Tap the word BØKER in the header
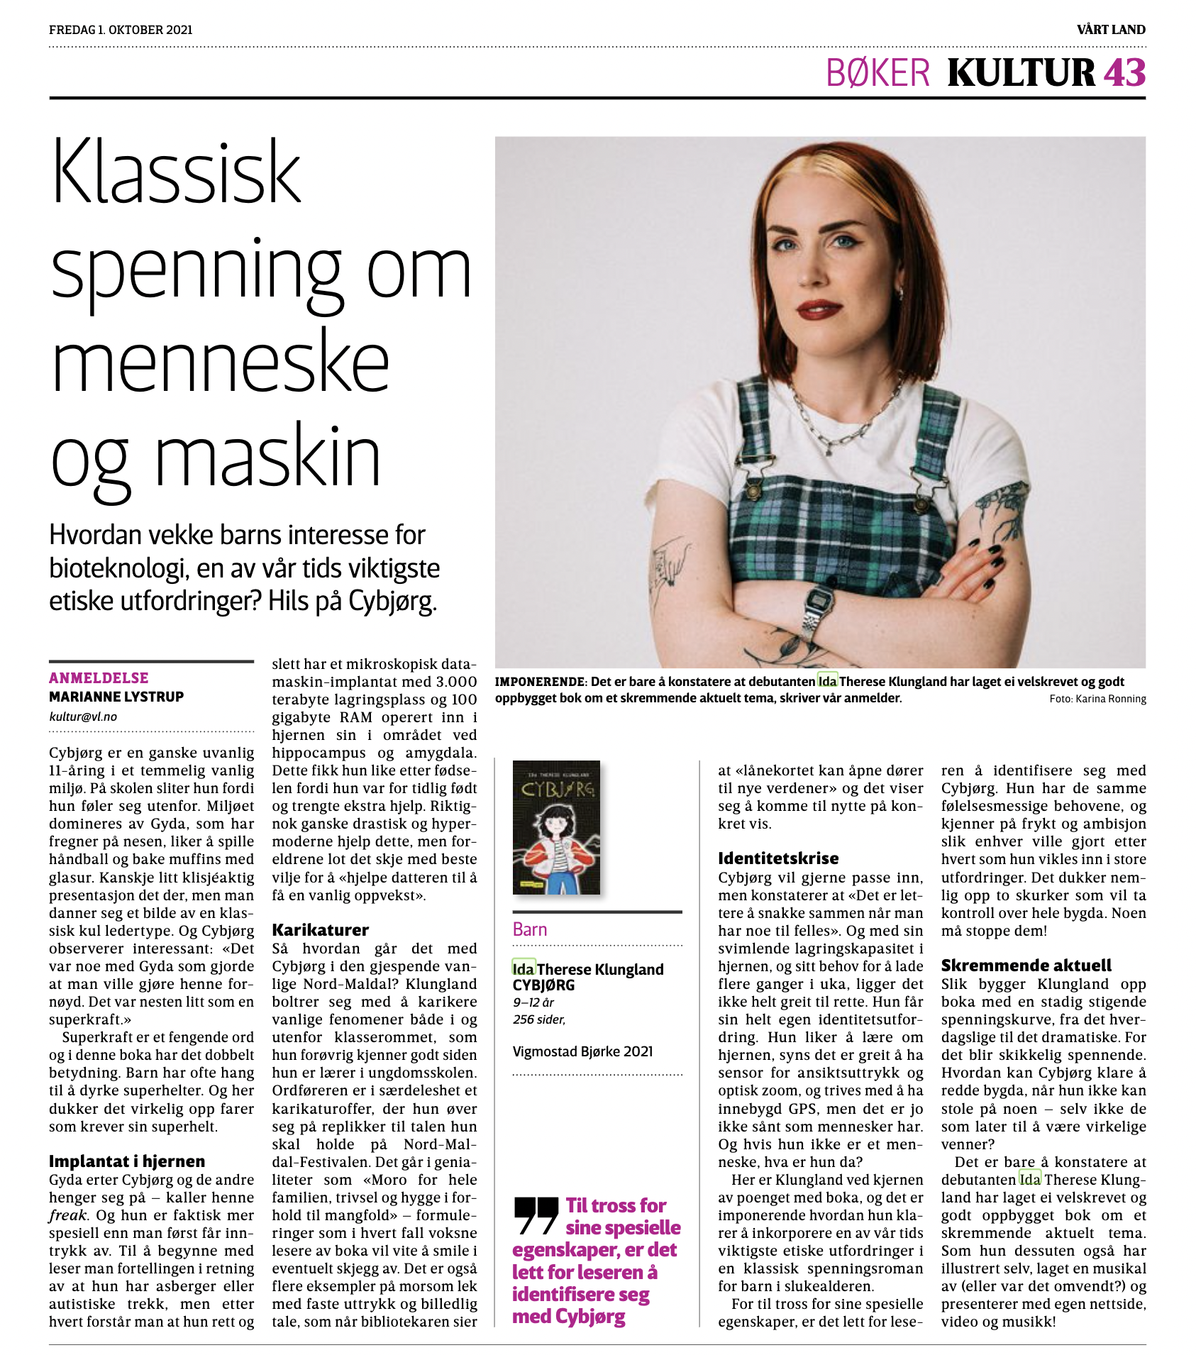click(877, 73)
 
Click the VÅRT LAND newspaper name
click(1111, 30)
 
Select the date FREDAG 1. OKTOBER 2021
click(121, 30)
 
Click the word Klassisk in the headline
click(177, 172)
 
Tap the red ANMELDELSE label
click(99, 678)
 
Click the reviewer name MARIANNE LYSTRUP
click(116, 697)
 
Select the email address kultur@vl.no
click(83, 717)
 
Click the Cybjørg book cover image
click(556, 827)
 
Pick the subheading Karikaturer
click(320, 930)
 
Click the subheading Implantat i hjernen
click(127, 1161)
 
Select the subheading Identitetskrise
click(778, 858)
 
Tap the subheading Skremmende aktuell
click(1026, 966)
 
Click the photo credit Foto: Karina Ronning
click(1097, 699)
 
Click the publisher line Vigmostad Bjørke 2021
click(582, 1051)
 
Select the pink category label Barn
click(530, 929)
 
